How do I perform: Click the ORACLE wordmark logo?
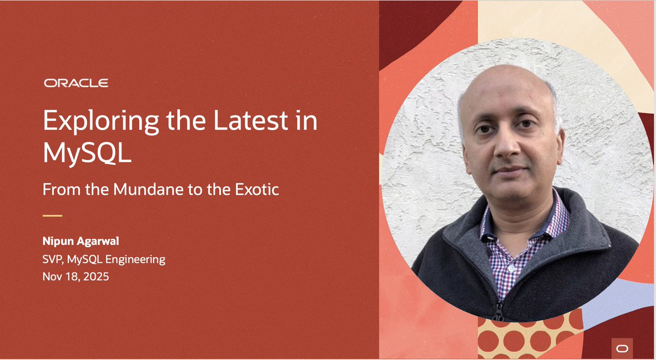click(x=76, y=83)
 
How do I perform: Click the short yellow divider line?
click(x=52, y=216)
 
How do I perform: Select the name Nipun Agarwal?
click(x=81, y=241)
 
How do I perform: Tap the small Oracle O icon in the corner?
click(x=622, y=348)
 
